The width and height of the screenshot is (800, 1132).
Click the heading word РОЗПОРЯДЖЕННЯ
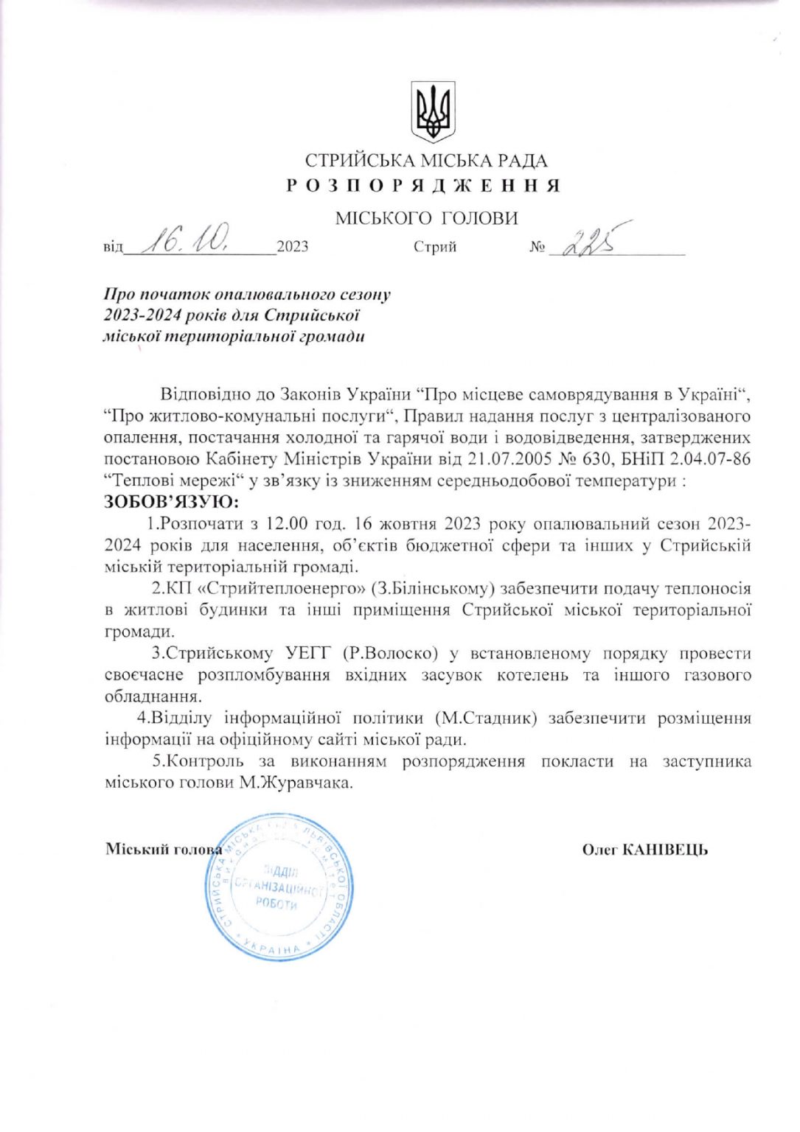(423, 185)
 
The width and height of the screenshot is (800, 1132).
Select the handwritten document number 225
(589, 242)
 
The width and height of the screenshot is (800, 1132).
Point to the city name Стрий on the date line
(435, 247)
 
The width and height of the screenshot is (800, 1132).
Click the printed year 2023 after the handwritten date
(293, 247)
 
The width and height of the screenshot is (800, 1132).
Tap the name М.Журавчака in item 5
(296, 783)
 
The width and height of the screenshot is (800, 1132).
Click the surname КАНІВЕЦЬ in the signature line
(665, 850)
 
